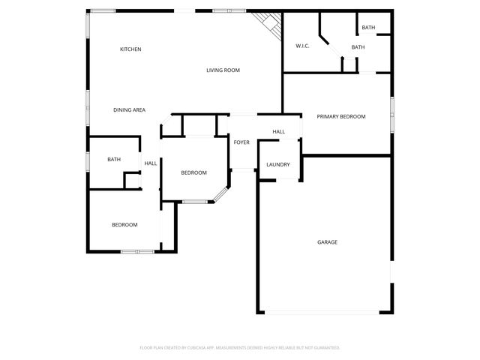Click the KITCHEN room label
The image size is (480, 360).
130,49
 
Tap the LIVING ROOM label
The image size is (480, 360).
223,70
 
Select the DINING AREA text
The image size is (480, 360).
129,110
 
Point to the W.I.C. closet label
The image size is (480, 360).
302,46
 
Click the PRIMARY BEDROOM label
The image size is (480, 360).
340,116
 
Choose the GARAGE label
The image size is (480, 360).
327,242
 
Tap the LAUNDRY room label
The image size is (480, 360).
278,165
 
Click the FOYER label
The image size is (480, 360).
241,142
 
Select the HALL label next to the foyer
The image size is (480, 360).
278,132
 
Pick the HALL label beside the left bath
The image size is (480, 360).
151,163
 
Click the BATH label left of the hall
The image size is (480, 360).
114,159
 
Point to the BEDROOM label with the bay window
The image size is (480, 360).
193,173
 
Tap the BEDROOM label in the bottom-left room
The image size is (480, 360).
124,225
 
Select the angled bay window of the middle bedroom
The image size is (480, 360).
220,193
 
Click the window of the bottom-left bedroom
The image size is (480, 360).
137,252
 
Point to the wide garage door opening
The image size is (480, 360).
325,312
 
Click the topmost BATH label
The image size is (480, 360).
368,28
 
